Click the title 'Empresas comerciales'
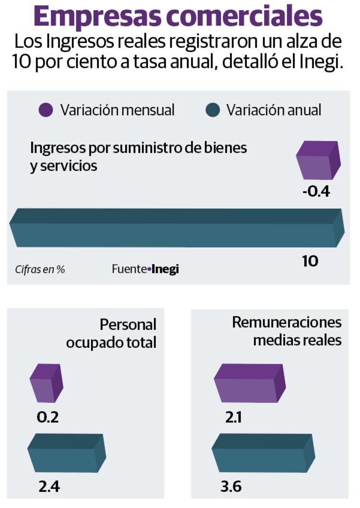pos(178,17)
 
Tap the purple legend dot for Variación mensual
pos(46,110)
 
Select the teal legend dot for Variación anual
pos(212,110)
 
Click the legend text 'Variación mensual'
pos(117,110)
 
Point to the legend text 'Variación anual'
pos(274,110)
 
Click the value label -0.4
pos(317,192)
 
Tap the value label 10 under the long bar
pos(310,261)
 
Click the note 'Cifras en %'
pos(40,269)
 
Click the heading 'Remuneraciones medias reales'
pos(287,331)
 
